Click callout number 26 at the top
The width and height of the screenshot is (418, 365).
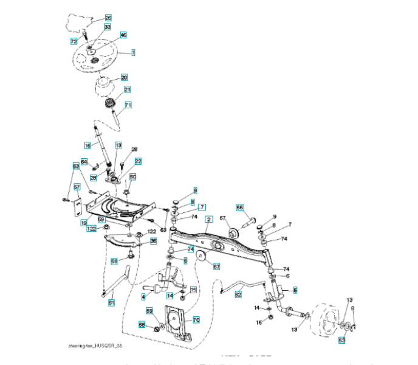tap(108, 18)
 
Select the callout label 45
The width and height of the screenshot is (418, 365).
tap(123, 35)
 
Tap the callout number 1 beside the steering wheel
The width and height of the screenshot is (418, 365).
tap(133, 53)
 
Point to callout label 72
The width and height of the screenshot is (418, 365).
tap(74, 41)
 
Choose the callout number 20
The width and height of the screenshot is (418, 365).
tap(124, 78)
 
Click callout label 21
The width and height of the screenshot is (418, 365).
tap(128, 89)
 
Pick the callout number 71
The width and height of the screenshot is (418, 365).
tap(128, 105)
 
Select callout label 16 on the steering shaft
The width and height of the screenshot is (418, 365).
tap(87, 146)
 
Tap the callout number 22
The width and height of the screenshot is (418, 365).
tap(138, 161)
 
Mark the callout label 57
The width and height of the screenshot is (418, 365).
tap(77, 187)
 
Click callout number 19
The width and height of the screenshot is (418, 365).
tap(83, 223)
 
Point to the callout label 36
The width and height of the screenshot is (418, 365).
tap(153, 241)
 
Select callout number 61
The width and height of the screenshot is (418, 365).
tap(111, 302)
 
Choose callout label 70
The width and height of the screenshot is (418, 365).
tap(196, 319)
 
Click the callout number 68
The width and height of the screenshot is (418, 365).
tap(142, 325)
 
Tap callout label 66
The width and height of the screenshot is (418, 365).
tap(239, 207)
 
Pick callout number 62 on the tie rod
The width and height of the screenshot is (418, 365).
tap(238, 294)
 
